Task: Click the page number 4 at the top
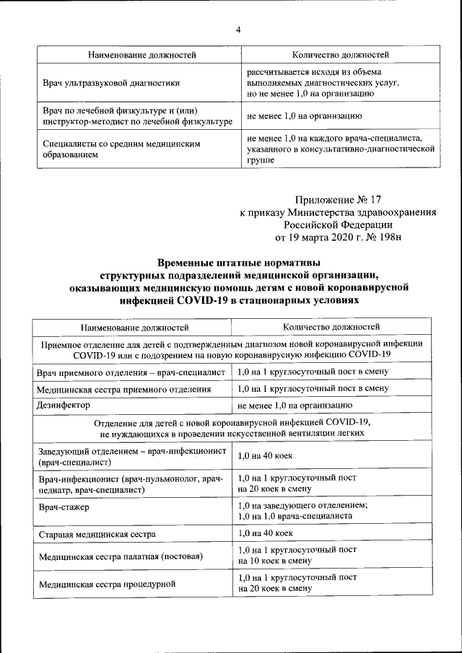click(238, 30)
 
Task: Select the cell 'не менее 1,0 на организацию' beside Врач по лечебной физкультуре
click(305, 115)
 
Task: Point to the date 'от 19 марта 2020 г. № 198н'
click(336, 237)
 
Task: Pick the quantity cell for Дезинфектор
click(295, 406)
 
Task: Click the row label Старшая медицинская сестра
click(97, 534)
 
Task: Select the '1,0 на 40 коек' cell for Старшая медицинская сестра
click(265, 533)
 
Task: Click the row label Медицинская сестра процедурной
click(107, 584)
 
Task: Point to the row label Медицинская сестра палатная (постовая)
click(121, 556)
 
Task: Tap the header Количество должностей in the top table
click(340, 55)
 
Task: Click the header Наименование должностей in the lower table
click(134, 328)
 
